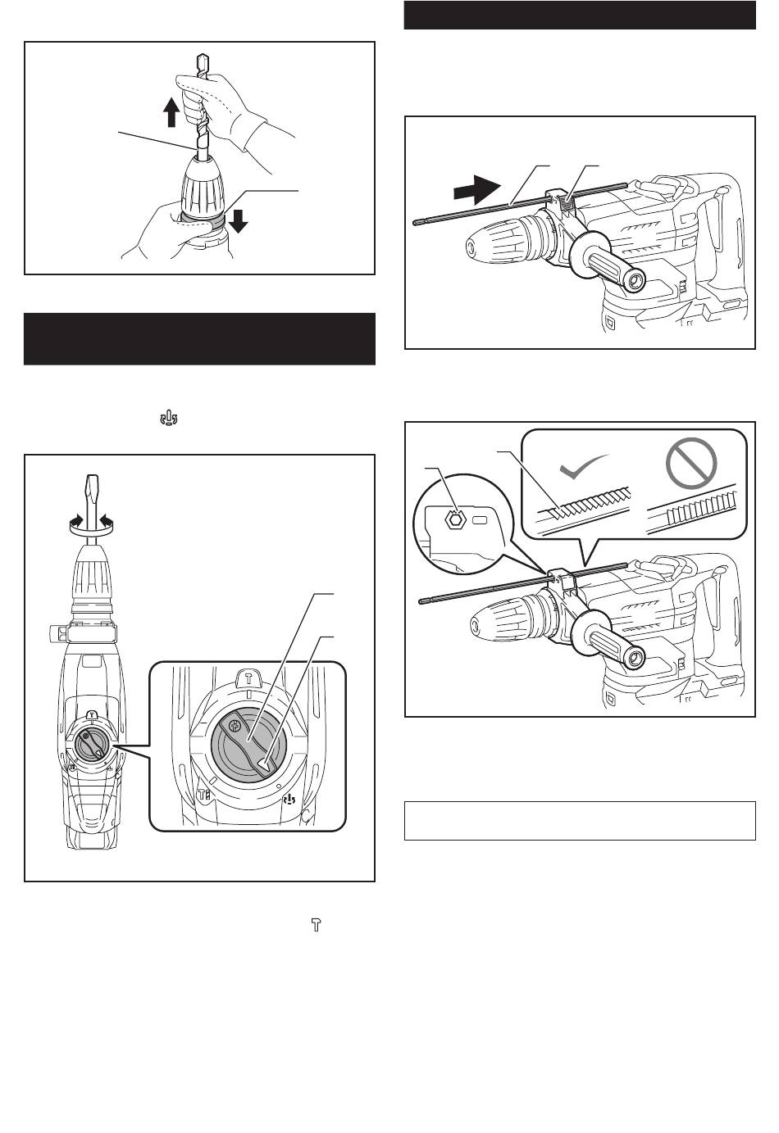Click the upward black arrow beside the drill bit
click(171, 112)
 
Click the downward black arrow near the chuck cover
click(239, 220)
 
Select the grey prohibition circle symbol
click(691, 470)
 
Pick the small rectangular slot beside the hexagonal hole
click(481, 519)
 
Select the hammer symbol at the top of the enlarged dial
click(248, 678)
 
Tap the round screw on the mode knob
click(236, 725)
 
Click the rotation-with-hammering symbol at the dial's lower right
click(289, 797)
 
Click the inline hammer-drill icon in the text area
click(170, 419)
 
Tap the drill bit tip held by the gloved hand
click(202, 62)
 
